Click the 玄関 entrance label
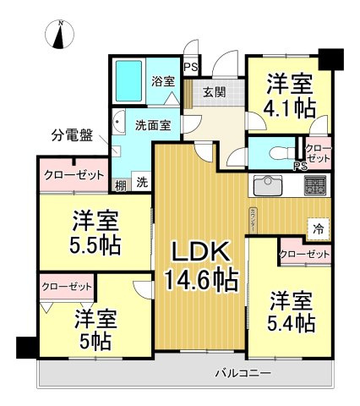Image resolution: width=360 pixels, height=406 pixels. (x=215, y=93)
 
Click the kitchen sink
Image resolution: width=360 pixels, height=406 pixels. (x=270, y=184)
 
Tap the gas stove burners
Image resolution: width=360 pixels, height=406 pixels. (x=314, y=184)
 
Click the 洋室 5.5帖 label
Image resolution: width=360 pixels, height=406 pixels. (x=95, y=232)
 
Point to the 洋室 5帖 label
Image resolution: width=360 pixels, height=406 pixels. (x=95, y=331)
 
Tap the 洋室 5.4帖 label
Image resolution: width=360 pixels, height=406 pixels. (x=292, y=310)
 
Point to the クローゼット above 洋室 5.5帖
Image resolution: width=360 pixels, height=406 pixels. (x=74, y=176)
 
